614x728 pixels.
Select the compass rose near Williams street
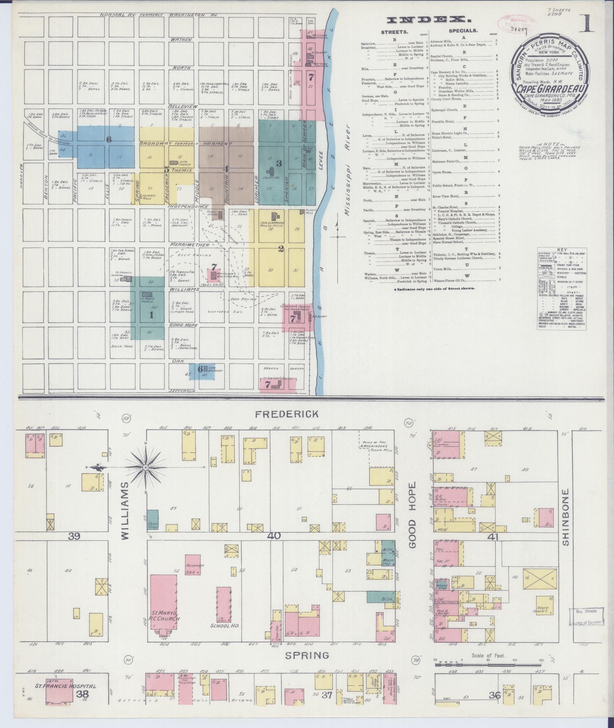pos(146,467)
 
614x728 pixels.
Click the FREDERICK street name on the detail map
pos(286,414)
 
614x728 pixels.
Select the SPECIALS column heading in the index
pos(463,30)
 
